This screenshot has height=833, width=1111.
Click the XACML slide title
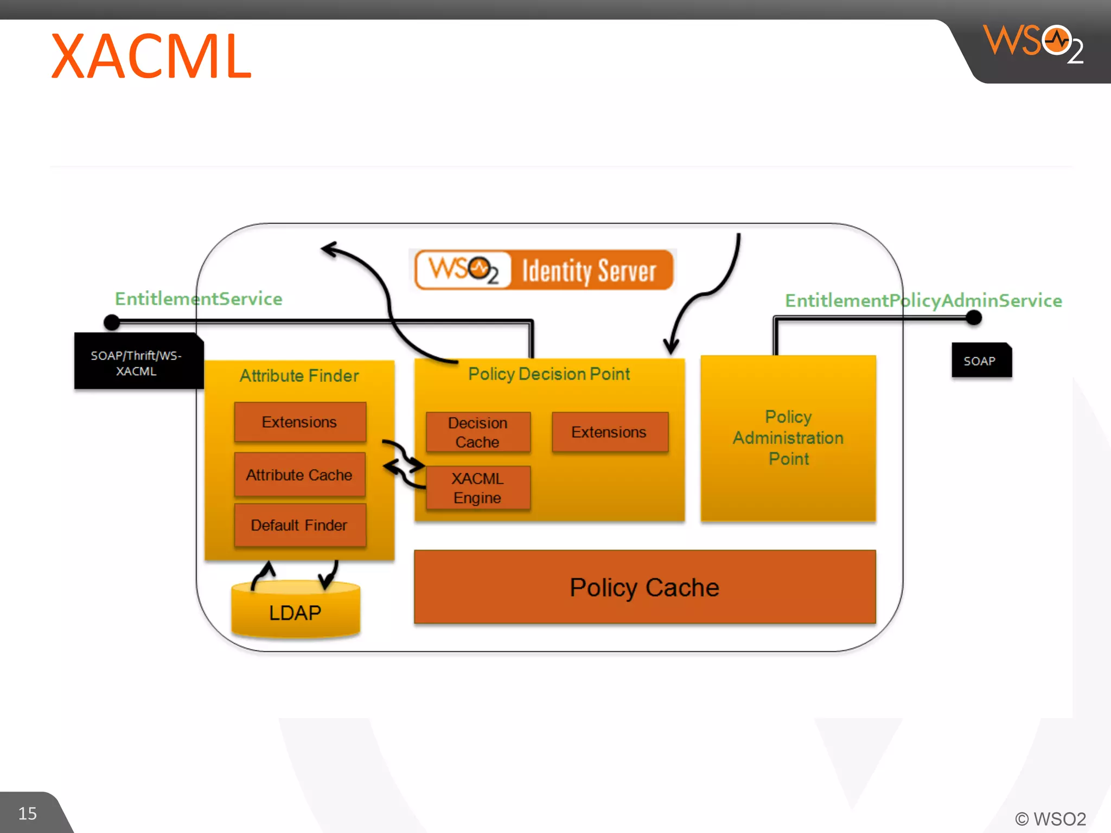pyautogui.click(x=151, y=56)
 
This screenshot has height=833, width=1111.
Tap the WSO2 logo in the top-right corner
pyautogui.click(x=1033, y=43)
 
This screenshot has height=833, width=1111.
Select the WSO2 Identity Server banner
pyautogui.click(x=544, y=270)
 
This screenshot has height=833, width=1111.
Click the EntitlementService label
pyautogui.click(x=199, y=299)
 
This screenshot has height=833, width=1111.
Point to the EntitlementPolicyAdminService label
pyautogui.click(x=923, y=300)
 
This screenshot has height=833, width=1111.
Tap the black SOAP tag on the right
pyautogui.click(x=981, y=361)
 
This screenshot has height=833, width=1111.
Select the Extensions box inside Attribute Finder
pyautogui.click(x=299, y=422)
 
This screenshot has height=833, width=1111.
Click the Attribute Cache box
pyautogui.click(x=299, y=475)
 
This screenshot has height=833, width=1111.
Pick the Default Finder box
pyautogui.click(x=299, y=525)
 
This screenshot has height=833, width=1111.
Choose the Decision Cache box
pyautogui.click(x=478, y=432)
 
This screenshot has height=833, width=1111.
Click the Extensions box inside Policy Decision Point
pyautogui.click(x=609, y=432)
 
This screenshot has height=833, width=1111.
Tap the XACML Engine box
pyautogui.click(x=478, y=488)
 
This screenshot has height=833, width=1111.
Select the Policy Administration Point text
pyautogui.click(x=788, y=438)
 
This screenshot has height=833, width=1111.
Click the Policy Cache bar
pyautogui.click(x=644, y=587)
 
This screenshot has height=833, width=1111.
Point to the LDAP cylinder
pyautogui.click(x=295, y=612)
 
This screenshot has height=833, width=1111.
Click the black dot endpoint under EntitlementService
pyautogui.click(x=112, y=322)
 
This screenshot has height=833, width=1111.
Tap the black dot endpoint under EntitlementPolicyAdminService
pyautogui.click(x=974, y=317)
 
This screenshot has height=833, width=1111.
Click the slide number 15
pyautogui.click(x=28, y=813)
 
